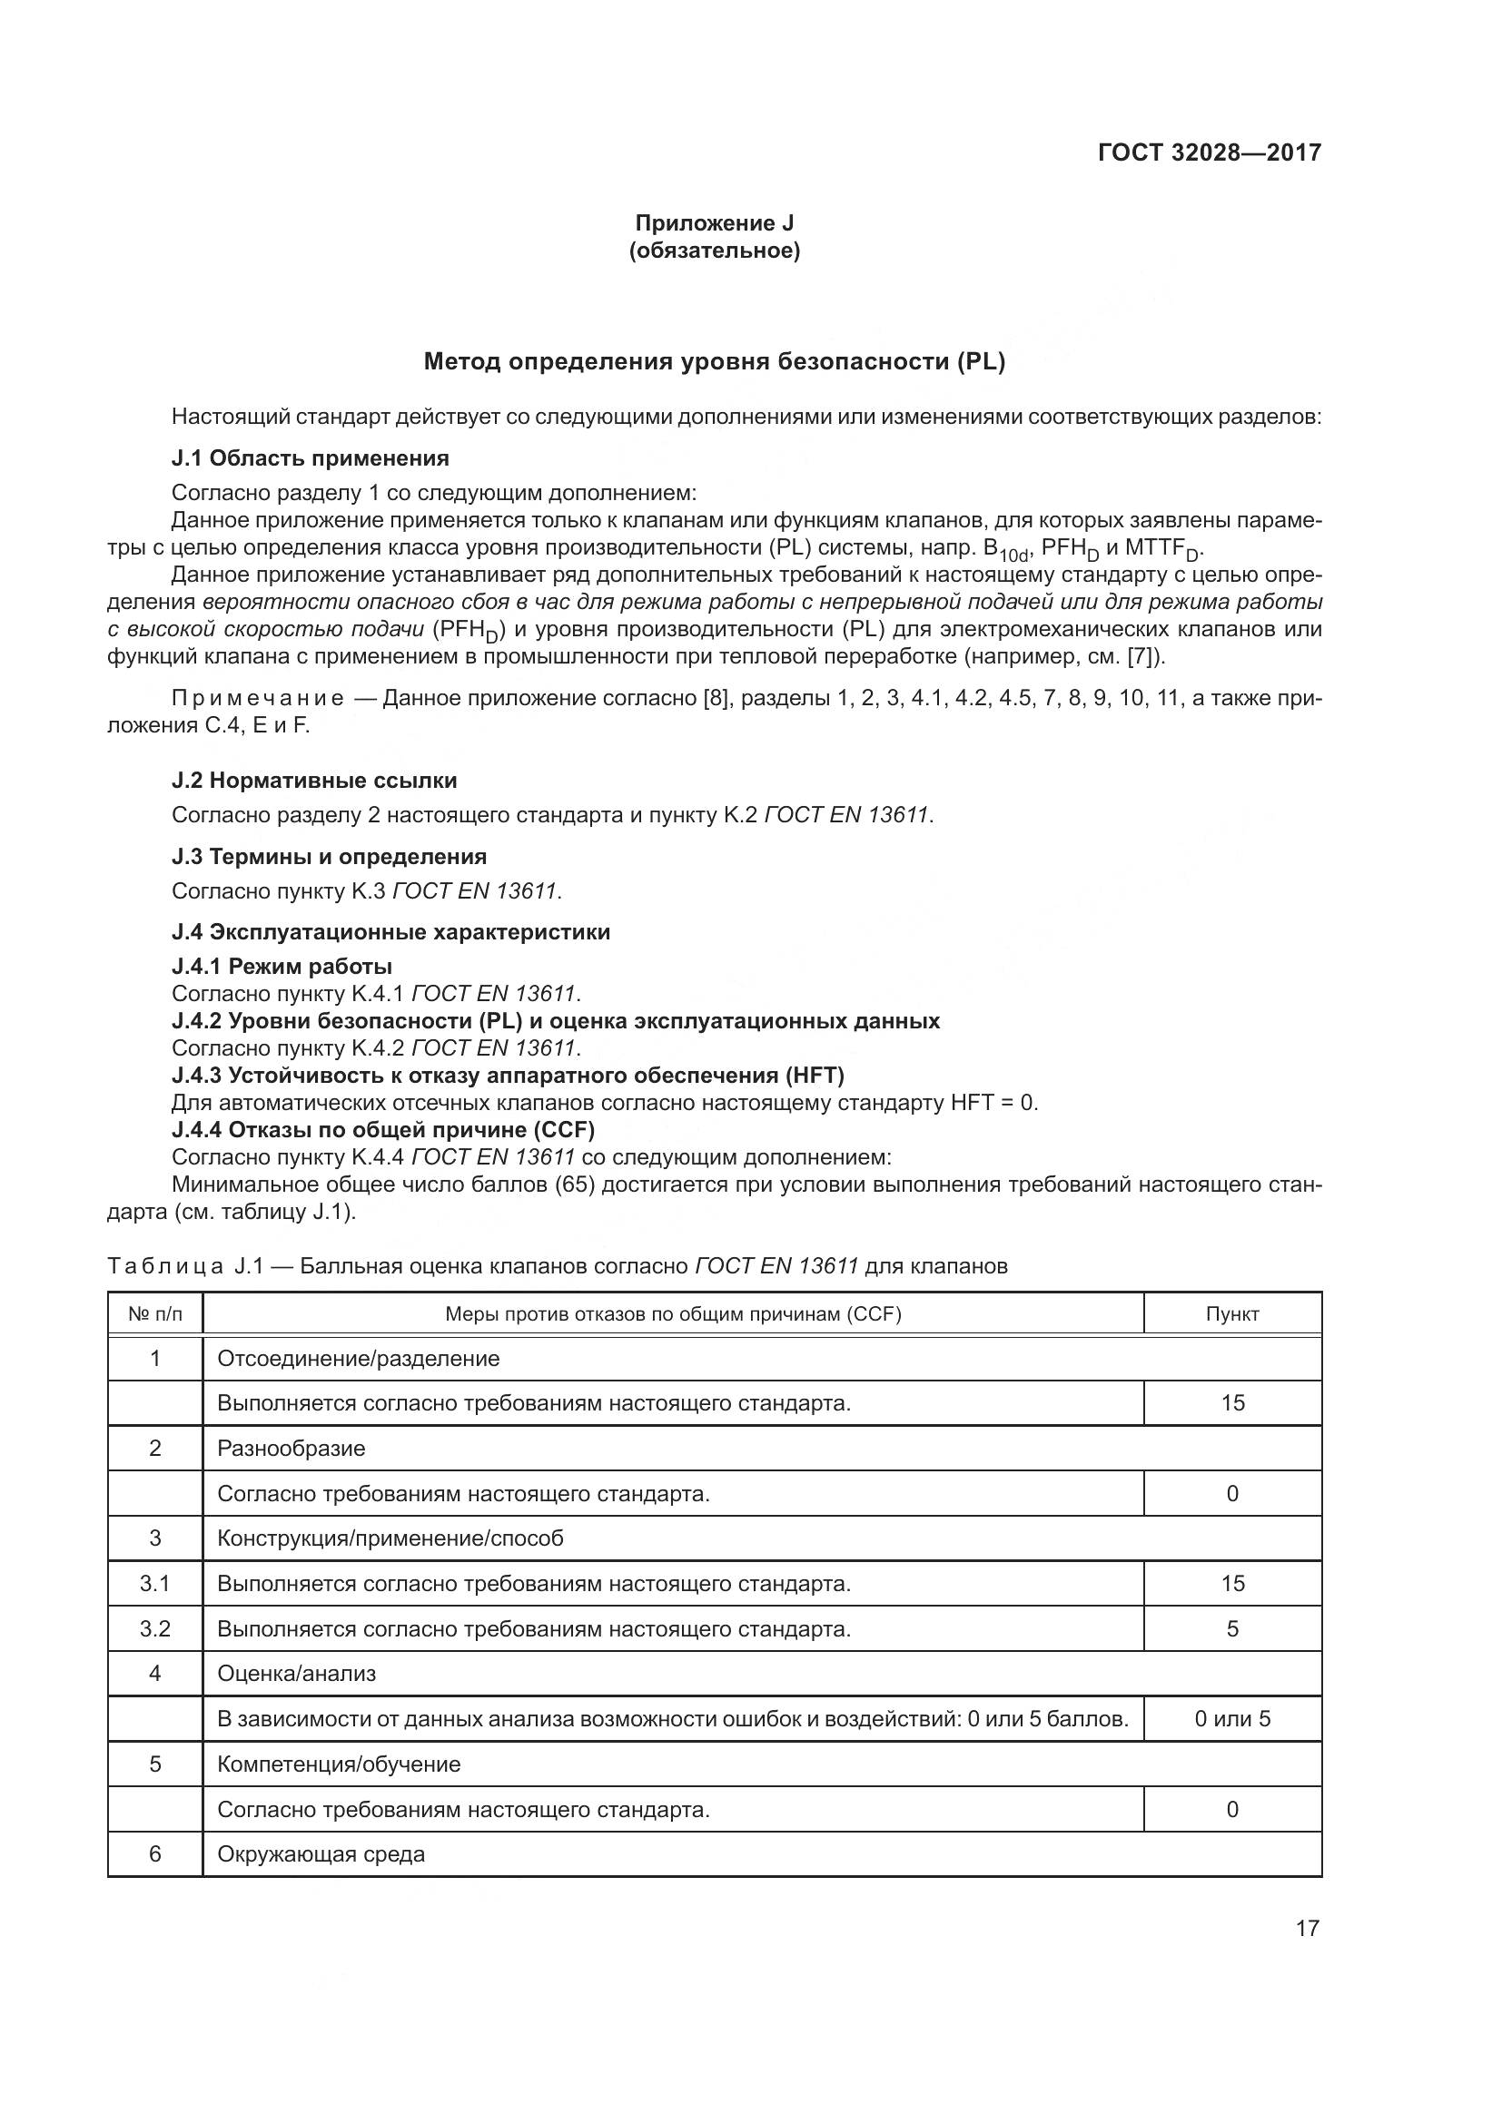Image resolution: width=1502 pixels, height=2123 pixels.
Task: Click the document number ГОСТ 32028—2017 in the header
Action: click(1209, 152)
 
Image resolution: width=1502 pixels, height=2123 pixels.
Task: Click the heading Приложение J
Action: click(714, 223)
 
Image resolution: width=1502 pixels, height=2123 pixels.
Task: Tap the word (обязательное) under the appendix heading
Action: click(714, 251)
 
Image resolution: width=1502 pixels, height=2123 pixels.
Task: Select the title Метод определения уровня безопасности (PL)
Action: click(714, 361)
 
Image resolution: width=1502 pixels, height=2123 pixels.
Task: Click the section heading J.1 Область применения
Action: click(310, 457)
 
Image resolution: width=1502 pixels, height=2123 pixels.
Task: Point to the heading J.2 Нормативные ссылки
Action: click(314, 781)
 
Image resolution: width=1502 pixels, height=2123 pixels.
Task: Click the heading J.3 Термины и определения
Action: click(330, 856)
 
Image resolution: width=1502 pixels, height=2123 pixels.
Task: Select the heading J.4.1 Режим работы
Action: click(282, 967)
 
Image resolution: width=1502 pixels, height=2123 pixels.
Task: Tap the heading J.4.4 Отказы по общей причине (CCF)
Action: click(383, 1129)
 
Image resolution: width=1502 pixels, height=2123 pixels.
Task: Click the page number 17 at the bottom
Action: click(1307, 1928)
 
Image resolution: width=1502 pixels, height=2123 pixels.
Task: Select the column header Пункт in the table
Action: click(1232, 1314)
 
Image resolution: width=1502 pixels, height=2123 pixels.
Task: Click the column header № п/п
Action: click(155, 1314)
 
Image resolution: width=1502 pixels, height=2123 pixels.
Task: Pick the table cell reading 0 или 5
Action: click(1232, 1719)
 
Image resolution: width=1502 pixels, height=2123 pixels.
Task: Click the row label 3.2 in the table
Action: click(155, 1628)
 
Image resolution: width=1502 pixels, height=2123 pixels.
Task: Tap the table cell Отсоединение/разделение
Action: click(358, 1359)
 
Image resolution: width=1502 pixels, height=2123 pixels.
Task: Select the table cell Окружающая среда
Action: click(321, 1854)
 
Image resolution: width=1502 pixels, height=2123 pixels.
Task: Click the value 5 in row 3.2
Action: click(1232, 1628)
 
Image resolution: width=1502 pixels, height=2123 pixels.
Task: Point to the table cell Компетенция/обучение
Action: click(339, 1764)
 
